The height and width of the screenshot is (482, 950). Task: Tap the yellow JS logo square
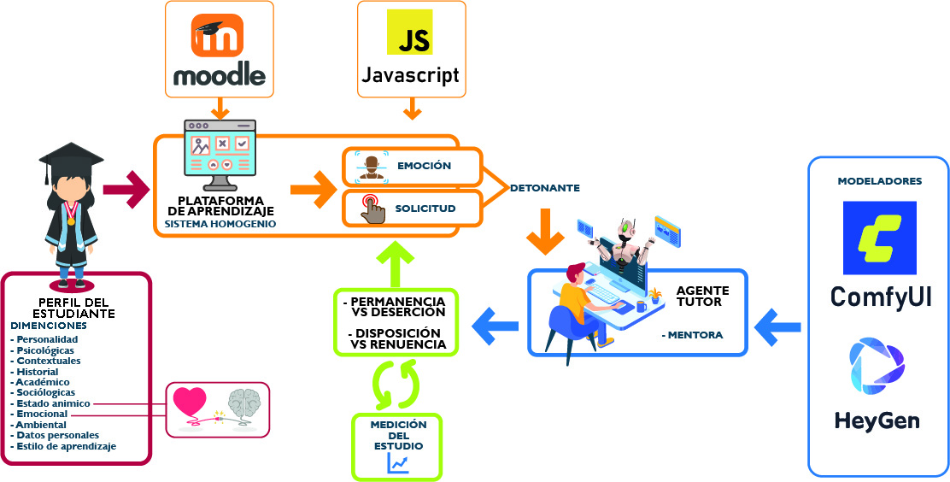pos(409,33)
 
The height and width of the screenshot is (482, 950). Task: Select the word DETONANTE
pos(545,188)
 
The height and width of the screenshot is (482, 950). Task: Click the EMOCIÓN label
pos(424,166)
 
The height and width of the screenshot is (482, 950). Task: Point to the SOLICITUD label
pos(425,209)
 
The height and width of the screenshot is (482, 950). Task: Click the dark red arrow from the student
pos(125,189)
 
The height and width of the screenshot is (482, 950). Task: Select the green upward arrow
pos(396,260)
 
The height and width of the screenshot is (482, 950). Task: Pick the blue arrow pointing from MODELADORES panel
pos(777,324)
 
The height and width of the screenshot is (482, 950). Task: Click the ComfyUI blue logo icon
pos(879,238)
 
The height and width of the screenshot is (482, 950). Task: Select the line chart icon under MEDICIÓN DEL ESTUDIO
pos(398,462)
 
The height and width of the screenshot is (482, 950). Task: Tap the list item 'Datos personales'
pos(50,435)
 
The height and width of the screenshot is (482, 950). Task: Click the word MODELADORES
pos(879,181)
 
